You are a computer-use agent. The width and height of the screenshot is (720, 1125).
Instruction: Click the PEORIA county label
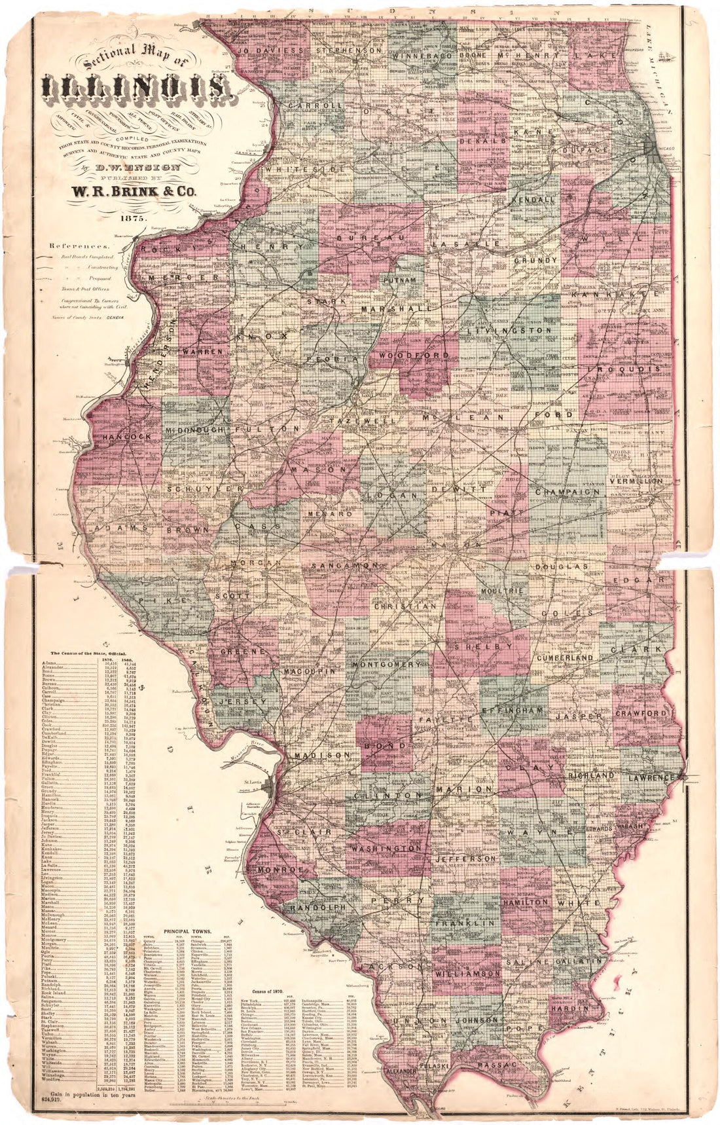333,360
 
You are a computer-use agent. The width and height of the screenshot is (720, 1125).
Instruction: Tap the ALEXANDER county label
399,1071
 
